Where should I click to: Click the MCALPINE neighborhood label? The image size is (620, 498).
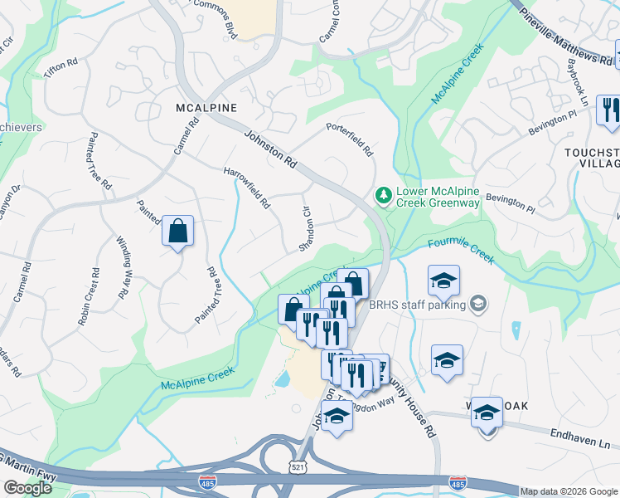[206, 108]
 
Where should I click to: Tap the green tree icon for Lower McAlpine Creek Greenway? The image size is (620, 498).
[383, 195]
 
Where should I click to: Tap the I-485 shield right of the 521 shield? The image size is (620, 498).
[457, 482]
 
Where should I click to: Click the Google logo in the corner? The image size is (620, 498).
[27, 488]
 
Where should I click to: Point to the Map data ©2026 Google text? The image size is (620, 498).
[569, 491]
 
